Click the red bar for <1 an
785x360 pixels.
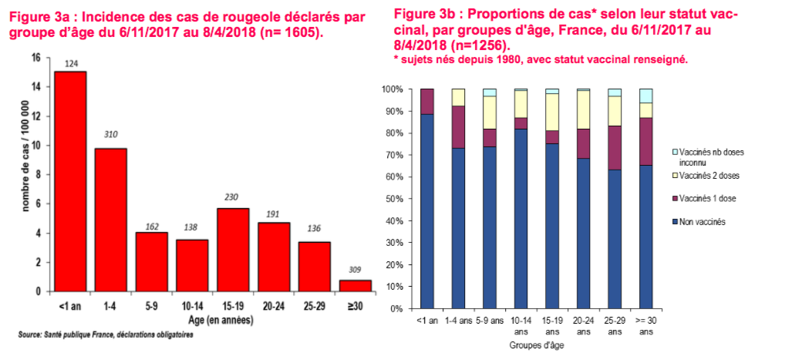[70, 181]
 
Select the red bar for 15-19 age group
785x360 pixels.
[233, 250]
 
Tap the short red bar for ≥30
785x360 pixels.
[355, 285]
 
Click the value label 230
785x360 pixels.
[233, 197]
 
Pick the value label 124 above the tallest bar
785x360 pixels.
[70, 62]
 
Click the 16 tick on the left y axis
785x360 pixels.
[36, 58]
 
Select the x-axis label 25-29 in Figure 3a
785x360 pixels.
[314, 307]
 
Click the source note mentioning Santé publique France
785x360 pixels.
[106, 335]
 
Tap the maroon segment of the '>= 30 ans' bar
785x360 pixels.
[646, 141]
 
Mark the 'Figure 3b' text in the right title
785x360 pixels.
[423, 15]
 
